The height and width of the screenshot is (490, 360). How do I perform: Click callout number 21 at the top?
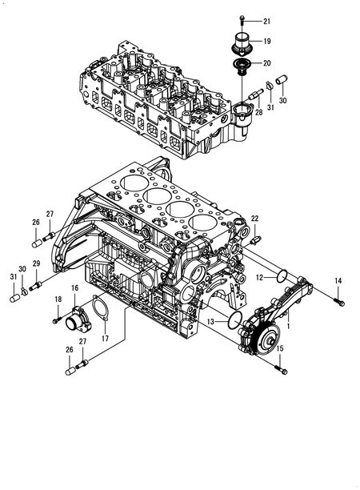266,22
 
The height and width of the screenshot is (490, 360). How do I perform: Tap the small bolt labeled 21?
242,20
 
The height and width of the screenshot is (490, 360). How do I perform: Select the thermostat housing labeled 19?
242,43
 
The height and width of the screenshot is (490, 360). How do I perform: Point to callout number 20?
266,63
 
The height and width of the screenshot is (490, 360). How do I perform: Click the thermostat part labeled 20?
242,66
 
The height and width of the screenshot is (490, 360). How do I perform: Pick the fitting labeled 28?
255,94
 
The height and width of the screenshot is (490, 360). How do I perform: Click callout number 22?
254,219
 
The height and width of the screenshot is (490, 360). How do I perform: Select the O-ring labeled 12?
282,275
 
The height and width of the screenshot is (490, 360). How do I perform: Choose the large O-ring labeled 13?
235,320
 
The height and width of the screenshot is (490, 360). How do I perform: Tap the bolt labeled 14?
339,302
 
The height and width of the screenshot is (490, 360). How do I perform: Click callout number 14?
338,281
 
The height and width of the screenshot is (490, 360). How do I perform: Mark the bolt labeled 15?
282,370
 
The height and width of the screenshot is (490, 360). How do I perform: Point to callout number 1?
289,326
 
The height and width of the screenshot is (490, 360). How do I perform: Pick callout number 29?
36,263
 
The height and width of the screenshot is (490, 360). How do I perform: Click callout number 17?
106,338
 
